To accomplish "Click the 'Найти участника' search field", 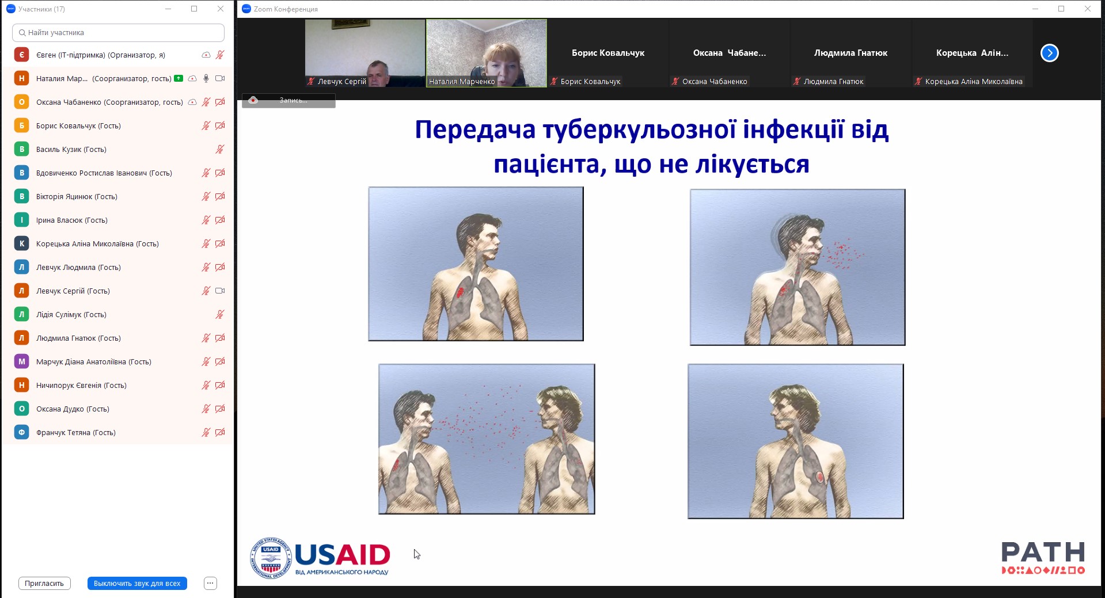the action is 118,33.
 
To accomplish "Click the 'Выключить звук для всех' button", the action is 137,583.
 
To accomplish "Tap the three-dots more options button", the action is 210,583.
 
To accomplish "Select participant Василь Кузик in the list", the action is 71,149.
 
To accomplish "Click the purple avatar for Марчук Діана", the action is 22,361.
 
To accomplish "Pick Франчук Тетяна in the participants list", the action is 76,432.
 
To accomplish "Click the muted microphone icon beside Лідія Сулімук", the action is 220,314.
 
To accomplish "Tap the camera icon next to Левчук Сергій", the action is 220,291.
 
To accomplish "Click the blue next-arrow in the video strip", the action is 1049,53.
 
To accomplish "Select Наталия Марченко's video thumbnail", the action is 487,53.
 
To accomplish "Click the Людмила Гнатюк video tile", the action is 850,53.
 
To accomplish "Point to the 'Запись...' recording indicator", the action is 288,100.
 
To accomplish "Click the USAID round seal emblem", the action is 271,558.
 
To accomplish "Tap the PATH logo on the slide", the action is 1043,558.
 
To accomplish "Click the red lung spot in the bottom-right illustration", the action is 820,477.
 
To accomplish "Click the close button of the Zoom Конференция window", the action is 1087,9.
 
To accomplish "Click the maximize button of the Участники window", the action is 194,9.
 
